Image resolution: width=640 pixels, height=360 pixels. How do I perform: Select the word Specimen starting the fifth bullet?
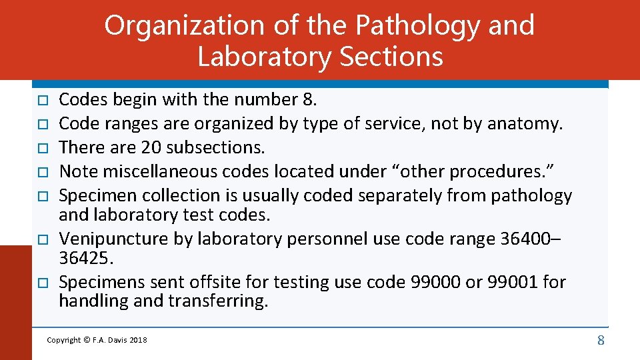(101, 195)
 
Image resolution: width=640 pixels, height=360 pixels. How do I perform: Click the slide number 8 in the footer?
(601, 341)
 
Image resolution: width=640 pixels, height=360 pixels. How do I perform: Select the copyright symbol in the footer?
(87, 341)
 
